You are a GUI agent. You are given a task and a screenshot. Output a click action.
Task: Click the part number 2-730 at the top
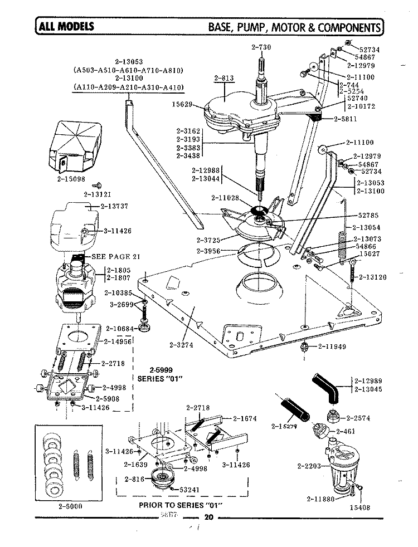[x=261, y=47]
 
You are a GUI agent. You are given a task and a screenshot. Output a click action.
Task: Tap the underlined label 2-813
[x=223, y=79]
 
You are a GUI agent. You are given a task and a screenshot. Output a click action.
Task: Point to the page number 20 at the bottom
[x=209, y=517]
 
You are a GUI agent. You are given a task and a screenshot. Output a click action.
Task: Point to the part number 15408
[x=359, y=507]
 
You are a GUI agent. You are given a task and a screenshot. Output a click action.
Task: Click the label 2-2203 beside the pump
[x=310, y=466]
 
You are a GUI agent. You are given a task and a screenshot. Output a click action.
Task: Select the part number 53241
[x=192, y=490]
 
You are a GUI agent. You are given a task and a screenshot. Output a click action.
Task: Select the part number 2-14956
[x=116, y=341]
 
